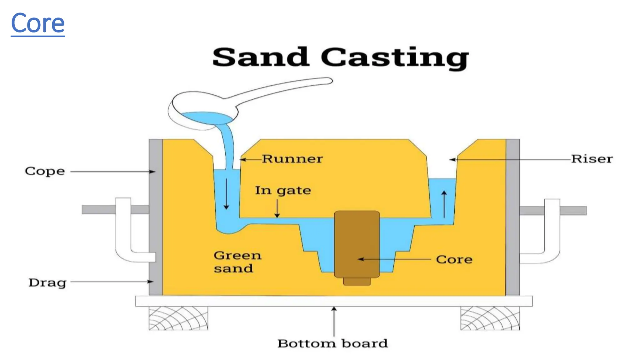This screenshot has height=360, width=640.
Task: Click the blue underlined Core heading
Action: pyautogui.click(x=38, y=23)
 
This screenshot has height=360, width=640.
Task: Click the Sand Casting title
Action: pyautogui.click(x=340, y=57)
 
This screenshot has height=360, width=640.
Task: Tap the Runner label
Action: pyautogui.click(x=292, y=159)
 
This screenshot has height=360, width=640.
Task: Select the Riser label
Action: pyautogui.click(x=592, y=159)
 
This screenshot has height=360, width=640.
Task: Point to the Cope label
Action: pyautogui.click(x=45, y=172)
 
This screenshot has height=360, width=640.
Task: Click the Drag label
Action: pyautogui.click(x=47, y=282)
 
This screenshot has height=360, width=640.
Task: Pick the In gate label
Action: pyautogui.click(x=283, y=191)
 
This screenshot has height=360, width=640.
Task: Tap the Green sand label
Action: pyautogui.click(x=237, y=262)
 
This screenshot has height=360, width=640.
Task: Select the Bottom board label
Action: pyautogui.click(x=333, y=343)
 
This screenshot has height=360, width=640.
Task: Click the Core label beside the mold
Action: pyautogui.click(x=454, y=259)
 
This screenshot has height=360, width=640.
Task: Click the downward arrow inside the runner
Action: pyautogui.click(x=227, y=194)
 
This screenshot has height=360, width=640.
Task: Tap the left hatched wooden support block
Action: pyautogui.click(x=178, y=318)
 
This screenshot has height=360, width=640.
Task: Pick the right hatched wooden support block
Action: pyautogui.click(x=490, y=318)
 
